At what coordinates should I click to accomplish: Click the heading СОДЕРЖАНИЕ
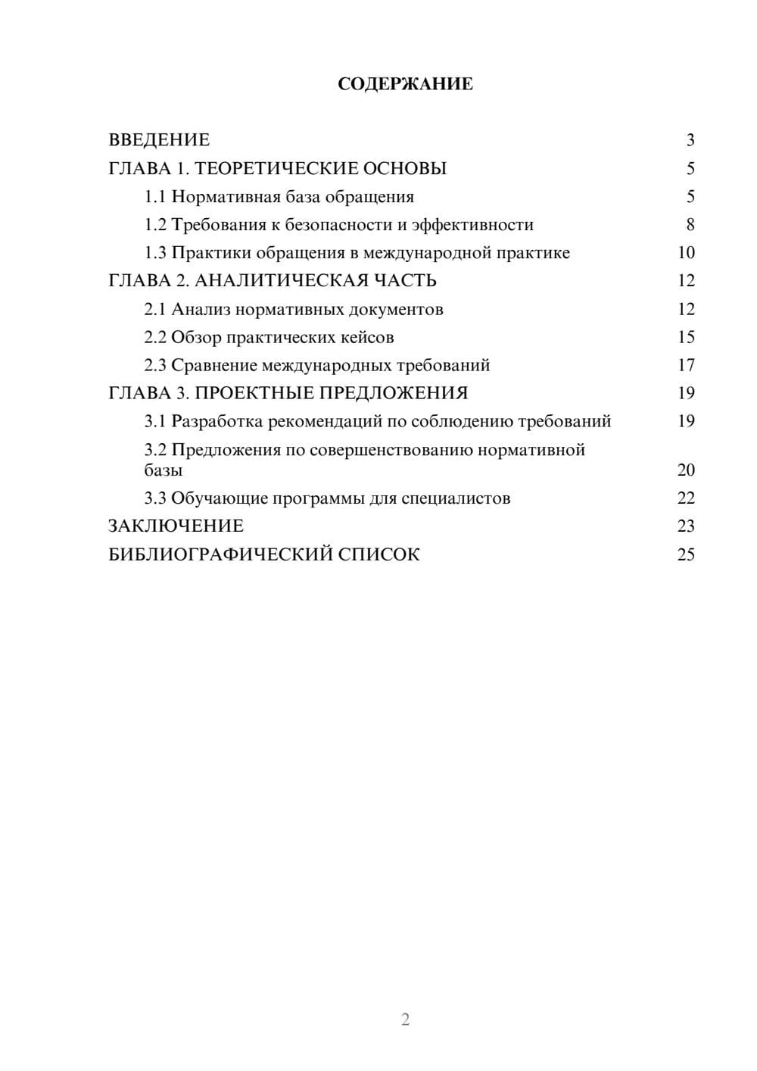(405, 84)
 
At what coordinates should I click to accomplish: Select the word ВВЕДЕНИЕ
(159, 140)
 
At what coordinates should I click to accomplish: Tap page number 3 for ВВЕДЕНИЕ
(690, 140)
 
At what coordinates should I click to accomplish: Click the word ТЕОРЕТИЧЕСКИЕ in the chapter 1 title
(276, 168)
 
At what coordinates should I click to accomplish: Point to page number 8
(690, 225)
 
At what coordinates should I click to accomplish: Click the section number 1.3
(155, 253)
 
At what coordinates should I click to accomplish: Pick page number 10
(686, 253)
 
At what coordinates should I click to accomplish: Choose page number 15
(686, 338)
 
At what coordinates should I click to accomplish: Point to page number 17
(686, 366)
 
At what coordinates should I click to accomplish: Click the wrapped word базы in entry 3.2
(164, 470)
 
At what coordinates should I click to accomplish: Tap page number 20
(686, 470)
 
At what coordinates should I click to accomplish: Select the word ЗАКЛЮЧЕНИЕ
(176, 526)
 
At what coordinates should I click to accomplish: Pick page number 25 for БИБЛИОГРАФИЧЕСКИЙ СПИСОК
(686, 555)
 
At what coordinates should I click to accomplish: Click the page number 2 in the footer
(405, 1019)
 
